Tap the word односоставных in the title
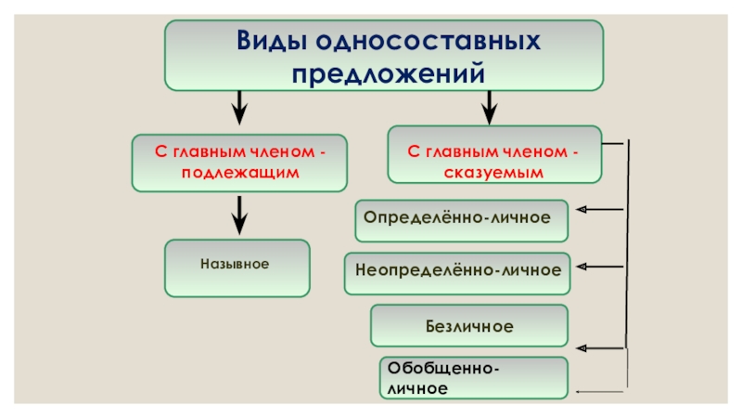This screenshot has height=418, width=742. [429, 42]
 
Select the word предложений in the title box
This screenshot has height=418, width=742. [385, 72]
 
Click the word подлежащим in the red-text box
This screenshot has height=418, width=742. [239, 173]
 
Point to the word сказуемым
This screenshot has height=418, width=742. [494, 173]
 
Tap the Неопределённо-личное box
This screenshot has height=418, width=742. [458, 271]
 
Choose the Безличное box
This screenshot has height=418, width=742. [469, 326]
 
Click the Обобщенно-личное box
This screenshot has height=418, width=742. [473, 378]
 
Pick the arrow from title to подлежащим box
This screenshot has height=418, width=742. [239, 107]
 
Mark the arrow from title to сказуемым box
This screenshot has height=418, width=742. [489, 107]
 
